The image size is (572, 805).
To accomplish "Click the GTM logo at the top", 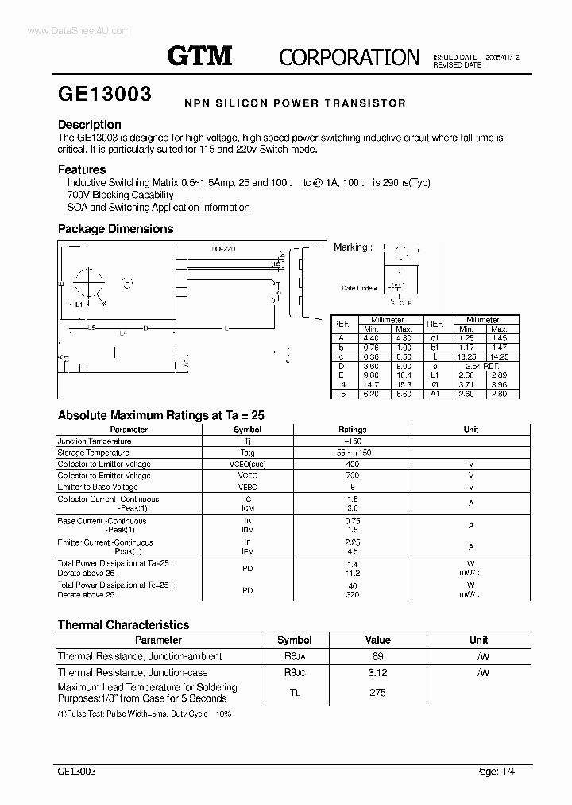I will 199,56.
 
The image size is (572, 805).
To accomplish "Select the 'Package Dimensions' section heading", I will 115,229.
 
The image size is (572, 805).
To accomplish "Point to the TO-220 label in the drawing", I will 223,249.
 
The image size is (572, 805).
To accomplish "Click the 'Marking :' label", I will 351,247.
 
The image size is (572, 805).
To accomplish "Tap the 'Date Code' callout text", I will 357,288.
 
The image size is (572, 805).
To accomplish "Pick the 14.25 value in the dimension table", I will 498,357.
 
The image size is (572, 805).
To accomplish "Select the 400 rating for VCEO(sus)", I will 353,464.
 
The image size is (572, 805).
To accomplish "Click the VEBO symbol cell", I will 248,487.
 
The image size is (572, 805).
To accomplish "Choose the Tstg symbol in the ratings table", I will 248,453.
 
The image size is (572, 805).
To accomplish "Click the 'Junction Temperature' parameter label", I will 95,441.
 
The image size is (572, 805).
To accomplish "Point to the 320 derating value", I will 353,594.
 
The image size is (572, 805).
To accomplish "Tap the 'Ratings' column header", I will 353,430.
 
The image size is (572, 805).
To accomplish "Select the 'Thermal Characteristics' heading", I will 123,625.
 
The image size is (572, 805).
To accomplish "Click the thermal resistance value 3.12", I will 377,672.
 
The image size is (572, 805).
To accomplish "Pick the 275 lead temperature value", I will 377,693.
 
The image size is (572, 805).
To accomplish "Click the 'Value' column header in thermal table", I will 377,640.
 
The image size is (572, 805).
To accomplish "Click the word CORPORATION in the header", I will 349,56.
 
